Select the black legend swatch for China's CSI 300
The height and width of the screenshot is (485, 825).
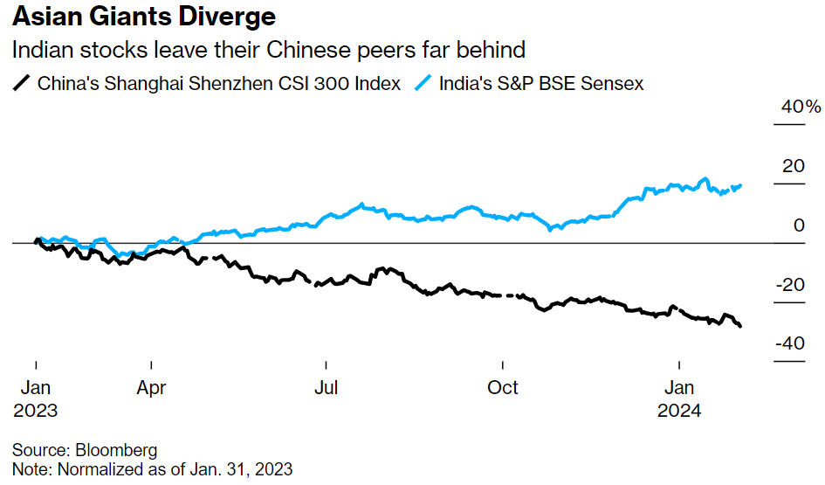[x=21, y=84]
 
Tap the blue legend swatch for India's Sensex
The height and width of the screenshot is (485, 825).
[x=423, y=84]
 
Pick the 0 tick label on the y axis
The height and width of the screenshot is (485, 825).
[x=799, y=225]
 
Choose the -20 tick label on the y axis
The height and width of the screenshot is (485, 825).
[x=791, y=285]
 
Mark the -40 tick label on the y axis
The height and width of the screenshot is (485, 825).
[x=791, y=343]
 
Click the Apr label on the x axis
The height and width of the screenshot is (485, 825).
[x=152, y=387]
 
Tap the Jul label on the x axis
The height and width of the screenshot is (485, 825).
[x=327, y=387]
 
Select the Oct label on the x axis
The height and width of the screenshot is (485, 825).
[x=504, y=387]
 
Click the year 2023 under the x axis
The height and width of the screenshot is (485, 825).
[x=36, y=410]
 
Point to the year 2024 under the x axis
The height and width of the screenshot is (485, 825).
[x=681, y=410]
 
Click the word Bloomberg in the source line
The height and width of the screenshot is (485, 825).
[x=116, y=451]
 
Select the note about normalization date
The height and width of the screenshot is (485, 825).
[x=152, y=469]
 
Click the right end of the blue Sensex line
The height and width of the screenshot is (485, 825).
[x=741, y=185]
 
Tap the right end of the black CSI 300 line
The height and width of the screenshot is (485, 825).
[x=741, y=326]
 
